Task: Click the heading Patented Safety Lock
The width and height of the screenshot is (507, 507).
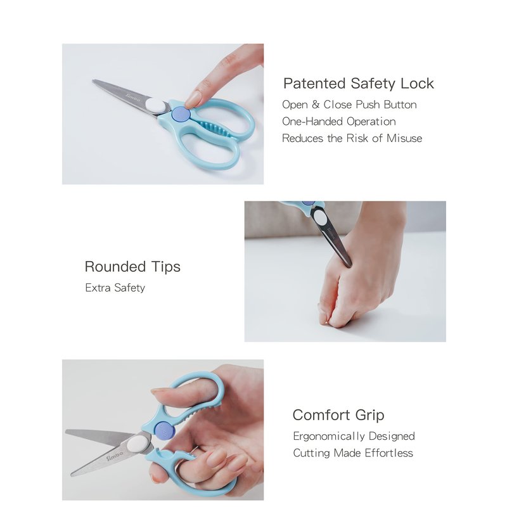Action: [358, 84]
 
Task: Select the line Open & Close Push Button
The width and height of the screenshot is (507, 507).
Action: [349, 105]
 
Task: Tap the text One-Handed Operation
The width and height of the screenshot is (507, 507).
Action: [339, 121]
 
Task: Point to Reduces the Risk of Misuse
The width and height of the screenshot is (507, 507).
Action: [352, 138]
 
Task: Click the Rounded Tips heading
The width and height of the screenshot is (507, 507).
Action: [132, 267]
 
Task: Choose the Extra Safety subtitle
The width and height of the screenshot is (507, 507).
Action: [115, 288]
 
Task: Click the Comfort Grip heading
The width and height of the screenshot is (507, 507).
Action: [338, 415]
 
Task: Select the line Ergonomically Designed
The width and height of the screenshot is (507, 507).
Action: [354, 436]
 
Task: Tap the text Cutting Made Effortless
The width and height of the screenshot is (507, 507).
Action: [353, 453]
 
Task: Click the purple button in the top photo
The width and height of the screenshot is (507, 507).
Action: [181, 115]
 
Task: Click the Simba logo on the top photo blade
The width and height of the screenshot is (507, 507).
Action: [133, 98]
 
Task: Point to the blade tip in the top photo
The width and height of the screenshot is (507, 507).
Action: [93, 80]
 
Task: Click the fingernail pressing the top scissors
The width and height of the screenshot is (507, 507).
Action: [193, 99]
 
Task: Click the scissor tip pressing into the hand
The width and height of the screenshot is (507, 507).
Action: [348, 265]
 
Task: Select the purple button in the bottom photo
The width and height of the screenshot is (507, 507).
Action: [165, 431]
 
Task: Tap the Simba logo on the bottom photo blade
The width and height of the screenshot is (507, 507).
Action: [115, 456]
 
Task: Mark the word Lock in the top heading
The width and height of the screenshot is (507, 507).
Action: [417, 84]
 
